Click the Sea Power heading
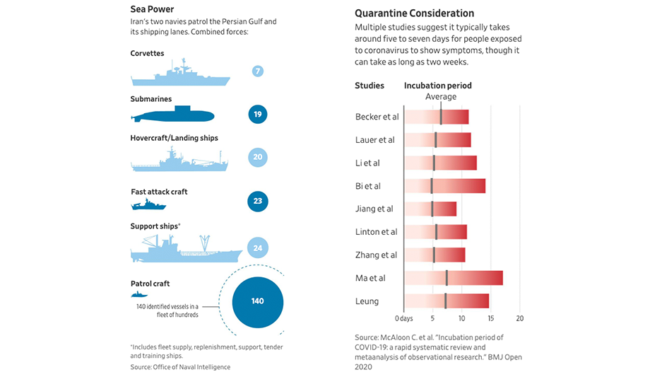click(x=151, y=9)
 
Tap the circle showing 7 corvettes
click(x=258, y=71)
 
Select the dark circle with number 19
click(x=258, y=115)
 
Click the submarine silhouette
click(x=173, y=114)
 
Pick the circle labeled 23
click(x=258, y=202)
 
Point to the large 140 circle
click(x=257, y=301)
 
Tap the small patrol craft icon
click(x=138, y=294)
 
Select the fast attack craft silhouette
click(x=148, y=204)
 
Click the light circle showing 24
click(x=258, y=248)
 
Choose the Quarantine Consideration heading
click(x=414, y=13)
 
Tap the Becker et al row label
click(x=377, y=117)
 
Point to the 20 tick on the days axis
click(x=520, y=318)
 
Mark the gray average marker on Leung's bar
click(x=445, y=301)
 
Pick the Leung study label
click(x=367, y=301)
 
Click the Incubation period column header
click(x=437, y=86)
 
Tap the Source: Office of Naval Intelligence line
click(x=180, y=367)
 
